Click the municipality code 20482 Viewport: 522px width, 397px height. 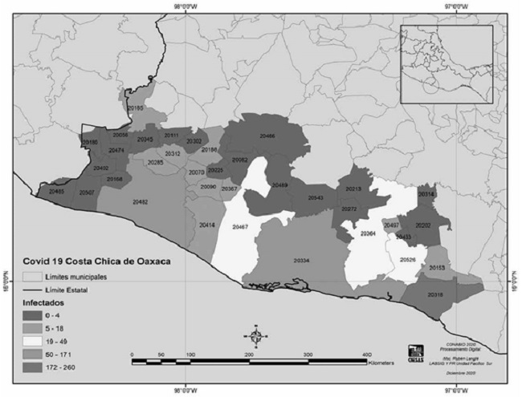[x=141, y=201]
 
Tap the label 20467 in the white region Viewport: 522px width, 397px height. [x=240, y=228]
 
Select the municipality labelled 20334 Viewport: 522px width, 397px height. [x=301, y=261]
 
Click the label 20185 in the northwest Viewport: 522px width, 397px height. [x=135, y=107]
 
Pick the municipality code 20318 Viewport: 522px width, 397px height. [x=436, y=295]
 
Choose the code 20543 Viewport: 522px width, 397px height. [x=316, y=197]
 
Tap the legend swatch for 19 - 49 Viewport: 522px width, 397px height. [x=34, y=339]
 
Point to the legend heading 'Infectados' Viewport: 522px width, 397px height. [x=43, y=305]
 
